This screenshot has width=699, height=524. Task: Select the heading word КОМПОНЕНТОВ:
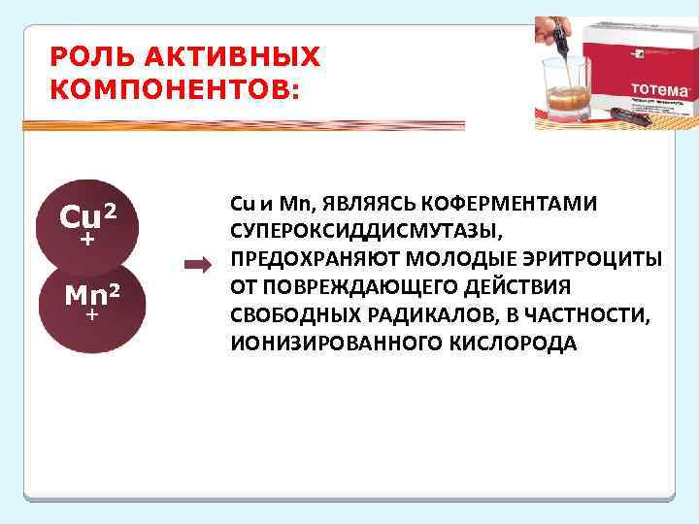175,90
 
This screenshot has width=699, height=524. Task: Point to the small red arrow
197,264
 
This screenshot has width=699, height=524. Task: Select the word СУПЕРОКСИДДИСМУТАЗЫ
365,232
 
